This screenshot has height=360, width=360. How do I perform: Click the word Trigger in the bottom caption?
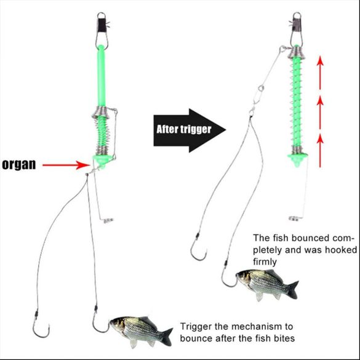click(x=195, y=326)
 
